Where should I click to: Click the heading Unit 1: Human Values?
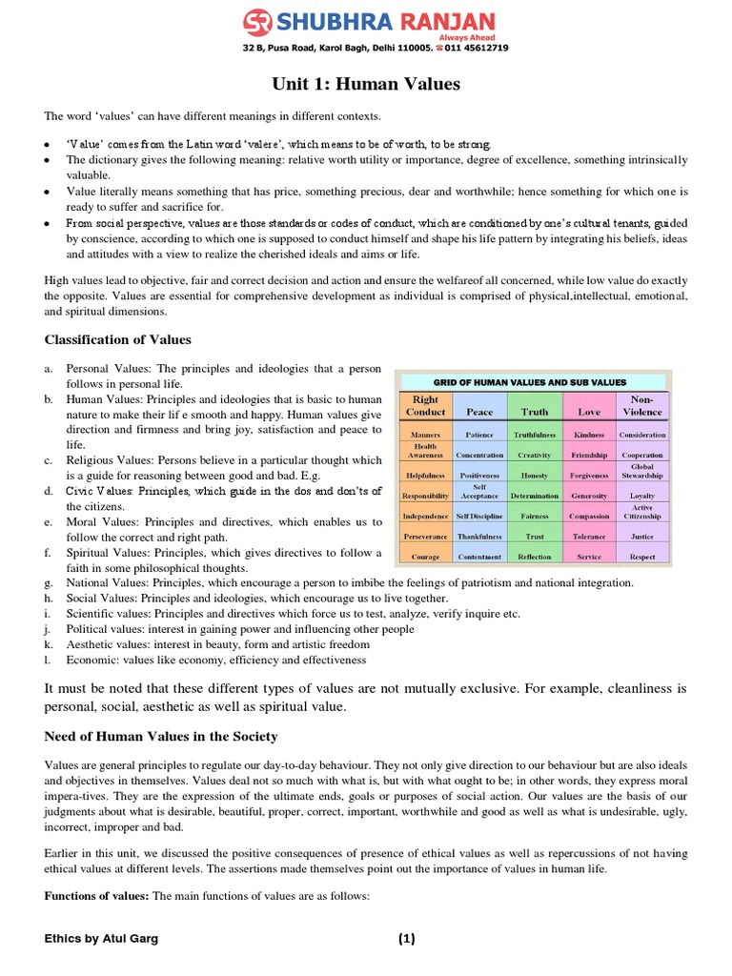click(366, 85)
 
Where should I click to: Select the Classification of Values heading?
click(118, 339)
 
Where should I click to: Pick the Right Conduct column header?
click(425, 406)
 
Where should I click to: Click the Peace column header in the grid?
click(479, 412)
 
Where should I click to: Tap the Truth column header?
click(535, 412)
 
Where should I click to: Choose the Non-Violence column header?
click(642, 406)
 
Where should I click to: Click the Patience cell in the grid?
click(479, 435)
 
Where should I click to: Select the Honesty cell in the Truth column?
click(535, 475)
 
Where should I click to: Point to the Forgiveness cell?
click(589, 475)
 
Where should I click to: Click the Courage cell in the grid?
click(425, 557)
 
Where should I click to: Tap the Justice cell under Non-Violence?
click(642, 536)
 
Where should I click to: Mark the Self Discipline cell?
click(479, 516)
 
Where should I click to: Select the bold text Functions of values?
click(96, 896)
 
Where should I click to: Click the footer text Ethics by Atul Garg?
click(101, 939)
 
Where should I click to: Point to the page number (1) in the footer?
click(407, 939)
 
